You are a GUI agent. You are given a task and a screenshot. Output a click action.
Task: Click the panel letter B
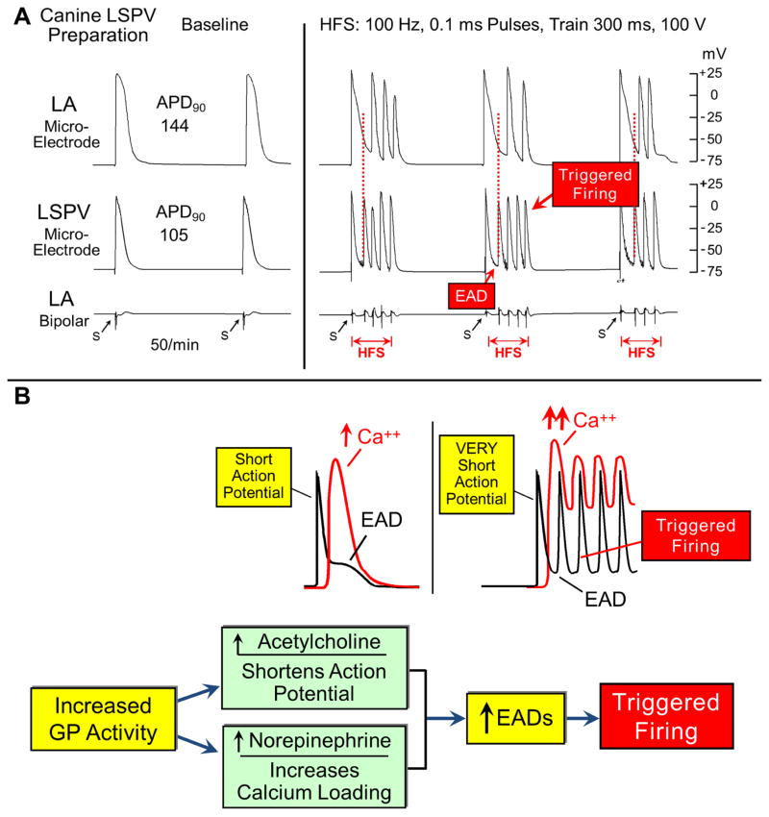coord(13,397)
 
